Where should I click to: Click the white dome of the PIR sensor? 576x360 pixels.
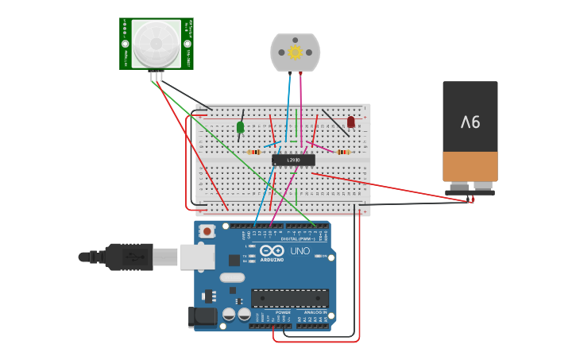tap(156, 43)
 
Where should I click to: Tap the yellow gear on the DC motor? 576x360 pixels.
tap(296, 52)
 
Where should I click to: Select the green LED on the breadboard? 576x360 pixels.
tap(241, 127)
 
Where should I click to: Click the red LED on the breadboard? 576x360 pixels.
tap(350, 122)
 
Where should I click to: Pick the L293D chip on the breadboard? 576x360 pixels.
tap(293, 160)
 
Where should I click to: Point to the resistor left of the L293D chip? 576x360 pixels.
tap(254, 152)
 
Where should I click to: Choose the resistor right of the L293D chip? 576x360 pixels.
tap(344, 152)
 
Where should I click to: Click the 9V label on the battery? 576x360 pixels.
tap(470, 122)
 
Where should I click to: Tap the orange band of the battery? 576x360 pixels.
tap(470, 166)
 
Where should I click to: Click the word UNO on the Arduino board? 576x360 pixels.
tap(300, 251)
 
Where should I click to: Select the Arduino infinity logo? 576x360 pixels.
tap(272, 250)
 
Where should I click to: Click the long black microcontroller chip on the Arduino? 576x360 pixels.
tap(290, 298)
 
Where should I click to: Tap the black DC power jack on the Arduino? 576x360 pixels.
tap(203, 318)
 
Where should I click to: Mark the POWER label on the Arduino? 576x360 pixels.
tap(282, 313)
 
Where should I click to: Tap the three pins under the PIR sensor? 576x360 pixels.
tap(157, 75)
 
